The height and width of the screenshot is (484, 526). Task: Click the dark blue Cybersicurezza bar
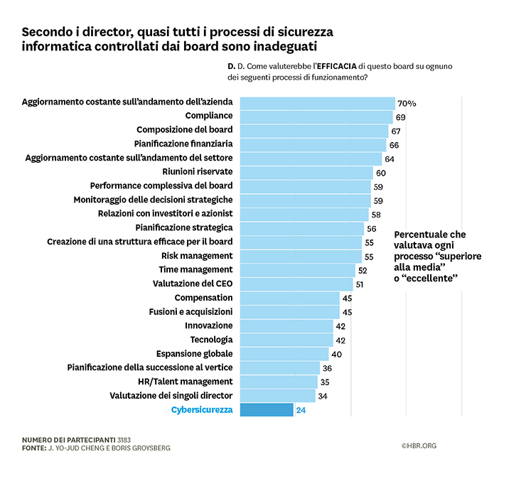[267, 410]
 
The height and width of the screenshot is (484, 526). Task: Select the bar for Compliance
[316, 117]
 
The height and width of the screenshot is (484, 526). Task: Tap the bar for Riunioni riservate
[306, 172]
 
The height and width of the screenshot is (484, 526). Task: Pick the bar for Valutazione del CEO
[296, 284]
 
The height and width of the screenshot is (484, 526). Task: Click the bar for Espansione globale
[284, 354]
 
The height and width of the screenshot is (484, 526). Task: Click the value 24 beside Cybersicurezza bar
[301, 410]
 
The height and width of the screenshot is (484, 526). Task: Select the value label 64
[390, 158]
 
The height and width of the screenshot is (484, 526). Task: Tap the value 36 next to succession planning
[327, 368]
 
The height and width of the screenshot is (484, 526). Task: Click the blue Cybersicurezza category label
[202, 410]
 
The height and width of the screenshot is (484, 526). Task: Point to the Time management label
[195, 270]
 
